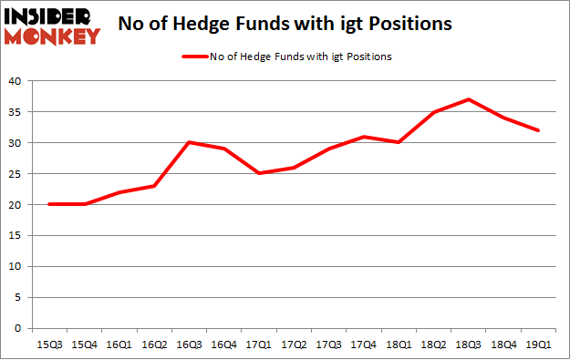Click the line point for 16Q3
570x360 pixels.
tap(188, 142)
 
